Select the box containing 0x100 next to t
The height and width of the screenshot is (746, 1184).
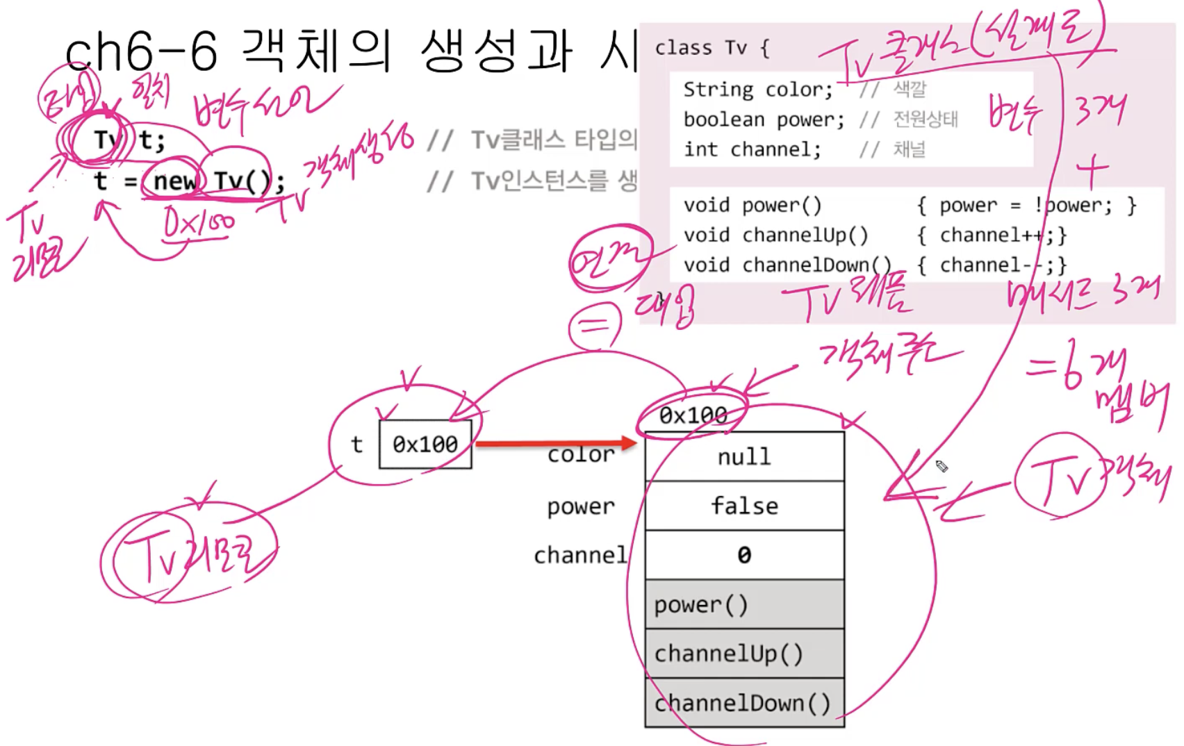pyautogui.click(x=425, y=444)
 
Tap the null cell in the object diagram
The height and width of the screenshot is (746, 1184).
pyautogui.click(x=744, y=456)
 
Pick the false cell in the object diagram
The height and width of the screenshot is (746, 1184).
pyautogui.click(x=744, y=506)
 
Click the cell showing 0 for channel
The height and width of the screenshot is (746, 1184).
pyautogui.click(x=744, y=555)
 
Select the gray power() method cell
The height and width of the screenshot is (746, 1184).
pyautogui.click(x=744, y=604)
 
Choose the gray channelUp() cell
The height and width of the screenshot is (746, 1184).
pyautogui.click(x=744, y=654)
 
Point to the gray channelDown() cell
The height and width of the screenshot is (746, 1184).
pyautogui.click(x=744, y=703)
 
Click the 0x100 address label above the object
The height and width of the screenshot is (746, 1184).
pyautogui.click(x=693, y=415)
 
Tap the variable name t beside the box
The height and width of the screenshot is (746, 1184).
pyautogui.click(x=356, y=444)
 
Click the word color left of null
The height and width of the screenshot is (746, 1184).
pyautogui.click(x=581, y=455)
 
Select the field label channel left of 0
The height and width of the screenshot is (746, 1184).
pyautogui.click(x=580, y=555)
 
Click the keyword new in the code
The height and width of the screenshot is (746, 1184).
pyautogui.click(x=174, y=181)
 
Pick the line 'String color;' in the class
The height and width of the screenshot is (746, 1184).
pyautogui.click(x=757, y=90)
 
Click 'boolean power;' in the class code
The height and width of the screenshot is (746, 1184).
pyautogui.click(x=764, y=119)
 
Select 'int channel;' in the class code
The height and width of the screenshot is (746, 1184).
pyautogui.click(x=752, y=149)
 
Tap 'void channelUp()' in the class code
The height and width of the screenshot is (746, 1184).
pyautogui.click(x=775, y=235)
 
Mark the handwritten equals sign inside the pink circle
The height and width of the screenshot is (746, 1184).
pyautogui.click(x=595, y=325)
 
